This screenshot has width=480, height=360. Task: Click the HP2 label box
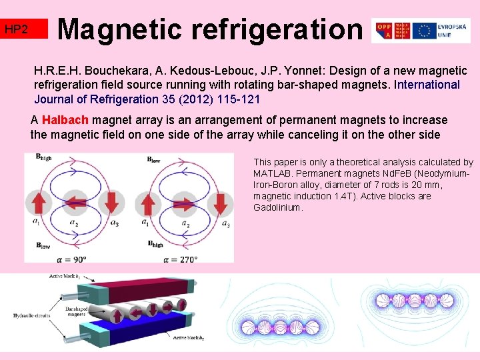pos(25,29)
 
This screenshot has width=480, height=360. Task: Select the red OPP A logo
pos(385,31)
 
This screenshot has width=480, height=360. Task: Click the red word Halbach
pos(65,121)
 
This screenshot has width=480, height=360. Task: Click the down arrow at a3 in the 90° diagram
pos(113,204)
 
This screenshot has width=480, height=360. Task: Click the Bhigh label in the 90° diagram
pos(45,158)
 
